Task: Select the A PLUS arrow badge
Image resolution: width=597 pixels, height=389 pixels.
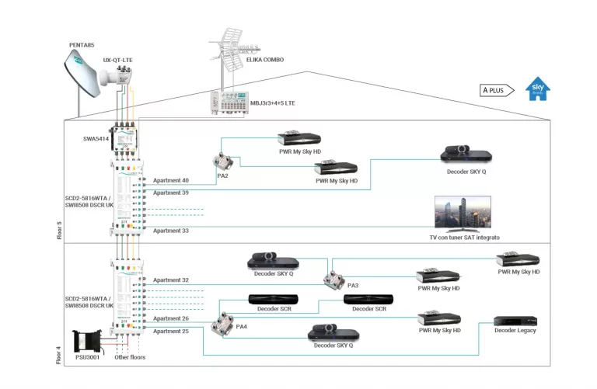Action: [496, 90]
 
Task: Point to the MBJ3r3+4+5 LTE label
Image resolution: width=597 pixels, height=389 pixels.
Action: [272, 102]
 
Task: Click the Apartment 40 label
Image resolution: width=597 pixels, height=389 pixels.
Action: [170, 180]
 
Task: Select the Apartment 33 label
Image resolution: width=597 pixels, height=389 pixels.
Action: [170, 231]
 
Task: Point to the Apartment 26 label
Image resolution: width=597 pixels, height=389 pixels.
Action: [170, 318]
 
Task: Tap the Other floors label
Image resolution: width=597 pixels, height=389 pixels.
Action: [131, 358]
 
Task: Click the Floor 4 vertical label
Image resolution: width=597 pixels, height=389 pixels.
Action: [60, 353]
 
